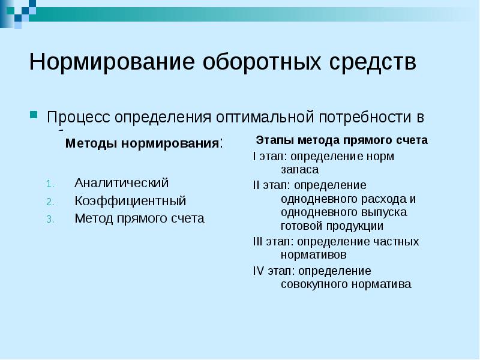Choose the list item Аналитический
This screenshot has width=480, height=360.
(x=122, y=182)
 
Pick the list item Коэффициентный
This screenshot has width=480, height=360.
(x=130, y=200)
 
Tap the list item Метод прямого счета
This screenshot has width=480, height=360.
(x=139, y=218)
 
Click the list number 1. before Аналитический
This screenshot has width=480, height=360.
(x=50, y=183)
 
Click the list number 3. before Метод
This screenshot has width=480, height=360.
(x=50, y=219)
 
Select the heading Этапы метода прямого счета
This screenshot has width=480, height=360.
(x=341, y=140)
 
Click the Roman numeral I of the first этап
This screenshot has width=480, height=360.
(x=254, y=157)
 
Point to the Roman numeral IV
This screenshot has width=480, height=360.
(x=258, y=271)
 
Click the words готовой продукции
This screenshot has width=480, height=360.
(x=332, y=226)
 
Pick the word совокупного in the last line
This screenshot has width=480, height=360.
(x=310, y=284)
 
